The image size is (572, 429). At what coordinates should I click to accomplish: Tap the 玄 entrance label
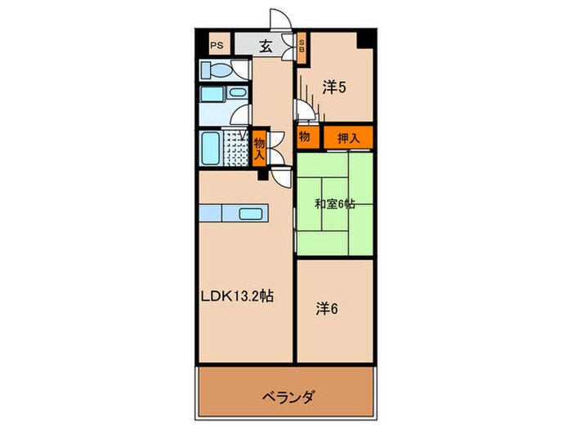point(266,47)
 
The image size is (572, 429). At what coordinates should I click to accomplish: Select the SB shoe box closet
point(301,47)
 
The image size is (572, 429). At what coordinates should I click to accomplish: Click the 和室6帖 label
point(335,204)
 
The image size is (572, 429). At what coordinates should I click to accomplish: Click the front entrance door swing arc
point(277,22)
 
